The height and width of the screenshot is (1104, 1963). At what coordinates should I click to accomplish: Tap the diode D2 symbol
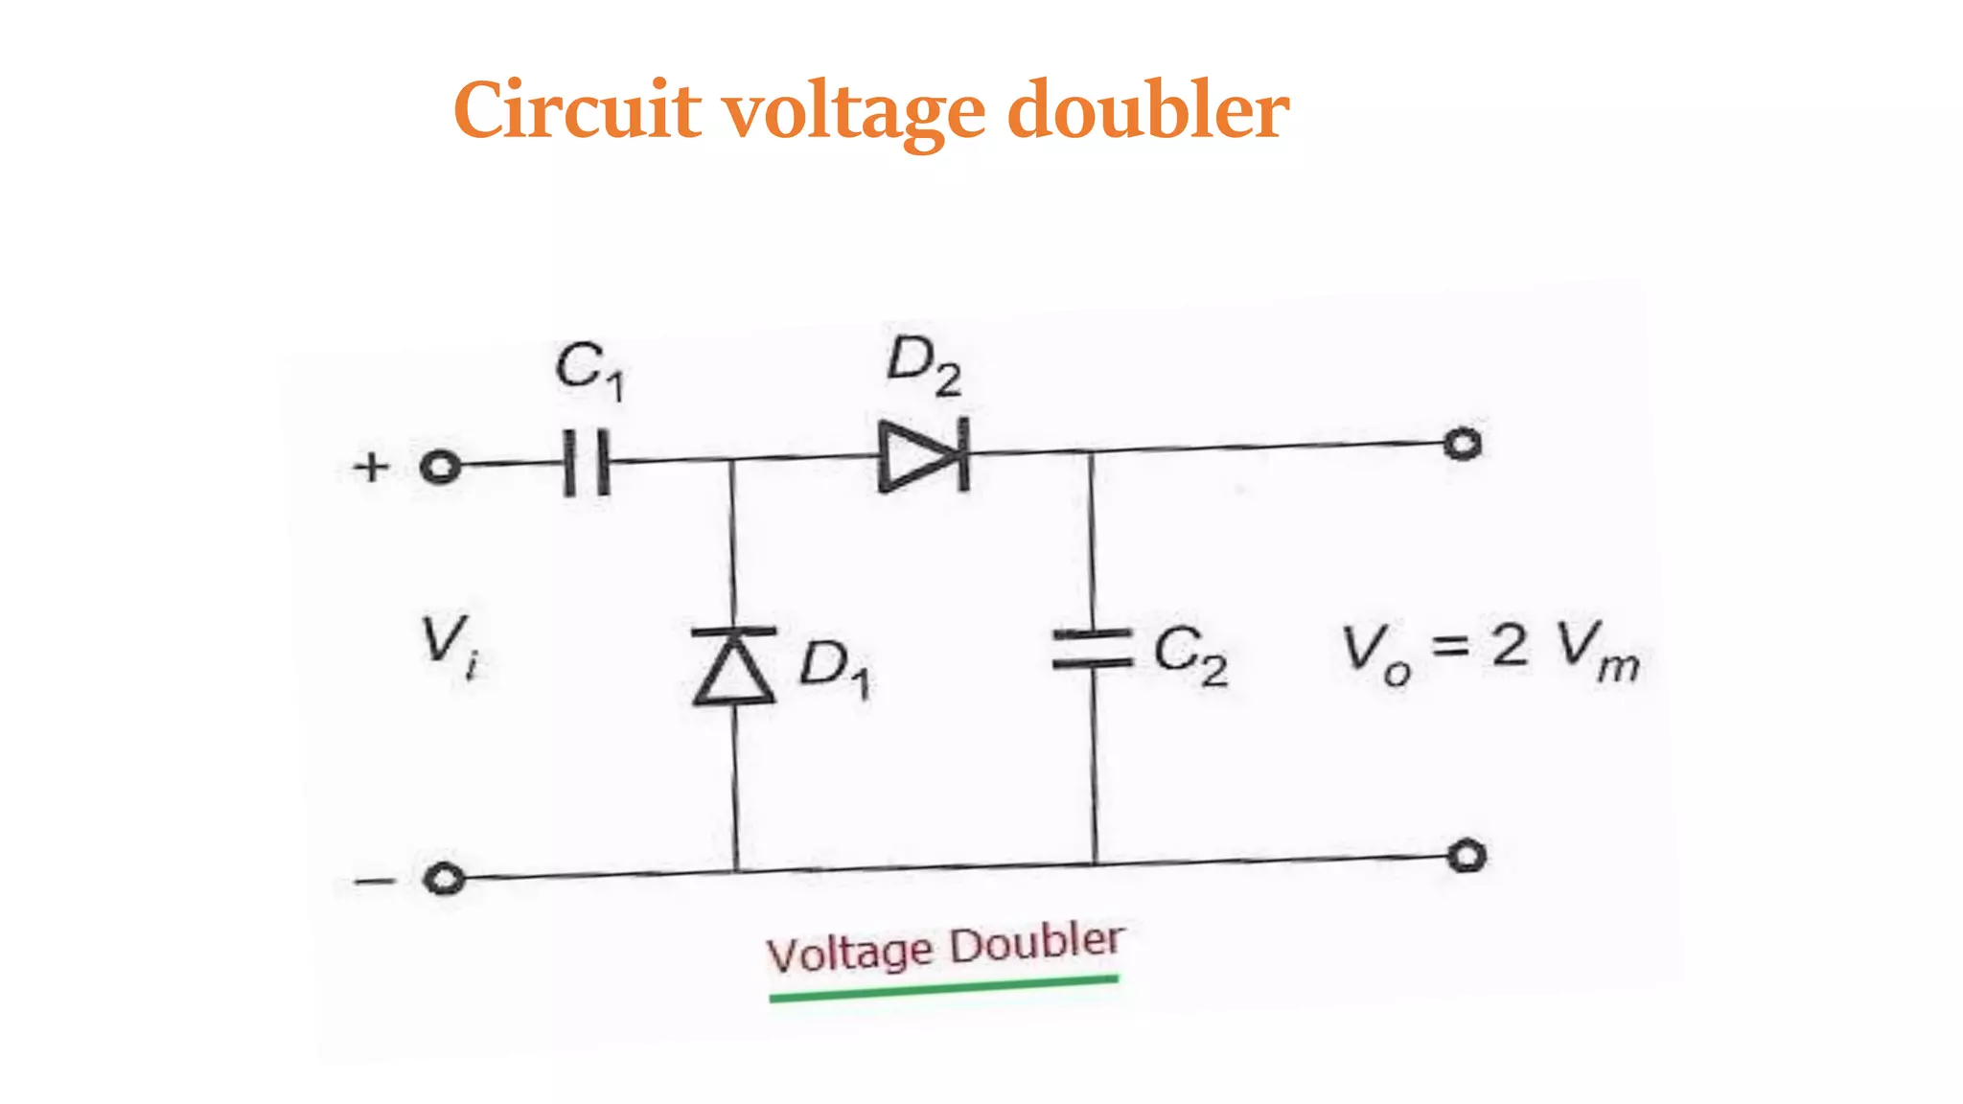[x=923, y=455]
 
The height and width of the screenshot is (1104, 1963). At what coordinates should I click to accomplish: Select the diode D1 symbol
[x=734, y=666]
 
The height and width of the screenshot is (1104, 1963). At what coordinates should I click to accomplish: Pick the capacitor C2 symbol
[x=1093, y=649]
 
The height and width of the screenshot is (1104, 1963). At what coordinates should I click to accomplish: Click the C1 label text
[x=589, y=370]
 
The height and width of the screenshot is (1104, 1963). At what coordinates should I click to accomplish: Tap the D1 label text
[x=835, y=668]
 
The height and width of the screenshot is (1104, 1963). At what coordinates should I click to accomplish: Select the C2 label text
[x=1189, y=655]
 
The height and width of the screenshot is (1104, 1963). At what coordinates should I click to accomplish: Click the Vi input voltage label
[x=450, y=645]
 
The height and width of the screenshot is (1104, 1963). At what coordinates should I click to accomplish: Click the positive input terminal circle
[x=440, y=468]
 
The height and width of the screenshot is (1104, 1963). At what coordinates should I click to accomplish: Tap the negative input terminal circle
[x=444, y=879]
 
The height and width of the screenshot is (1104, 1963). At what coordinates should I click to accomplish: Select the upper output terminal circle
[x=1463, y=444]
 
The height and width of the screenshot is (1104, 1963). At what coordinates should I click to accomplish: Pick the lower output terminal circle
[x=1466, y=855]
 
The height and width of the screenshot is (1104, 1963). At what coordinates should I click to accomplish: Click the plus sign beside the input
[x=371, y=468]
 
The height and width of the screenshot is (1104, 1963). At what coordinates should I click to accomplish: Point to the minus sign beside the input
[x=373, y=881]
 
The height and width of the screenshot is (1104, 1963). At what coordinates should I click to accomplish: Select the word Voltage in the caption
[x=849, y=954]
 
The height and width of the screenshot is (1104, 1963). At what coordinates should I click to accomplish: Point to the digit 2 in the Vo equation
[x=1510, y=644]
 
